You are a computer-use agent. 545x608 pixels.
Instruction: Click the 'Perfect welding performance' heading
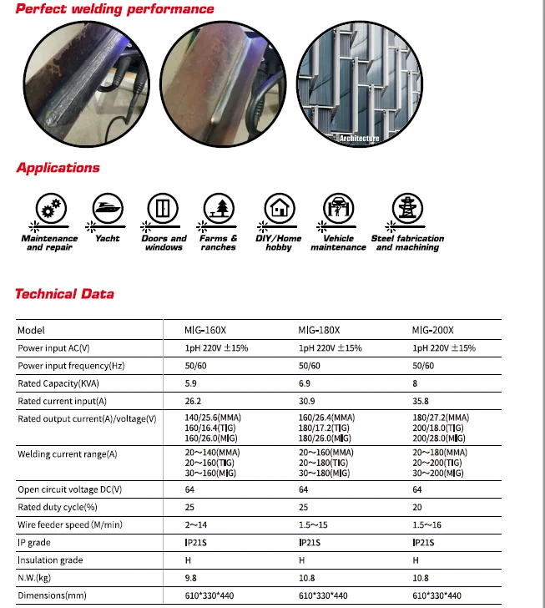115,9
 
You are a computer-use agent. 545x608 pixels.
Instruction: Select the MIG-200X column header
433,330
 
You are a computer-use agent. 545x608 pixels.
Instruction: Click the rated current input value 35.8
421,401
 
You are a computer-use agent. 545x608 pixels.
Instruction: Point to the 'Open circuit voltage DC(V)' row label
69,489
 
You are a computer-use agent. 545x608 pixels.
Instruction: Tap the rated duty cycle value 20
417,507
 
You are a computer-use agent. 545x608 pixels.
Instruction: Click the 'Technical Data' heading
64,294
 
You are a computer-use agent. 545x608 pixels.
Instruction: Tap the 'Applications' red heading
58,168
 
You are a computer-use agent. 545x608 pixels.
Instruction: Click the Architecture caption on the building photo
359,138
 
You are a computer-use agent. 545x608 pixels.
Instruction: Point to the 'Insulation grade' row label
50,560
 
